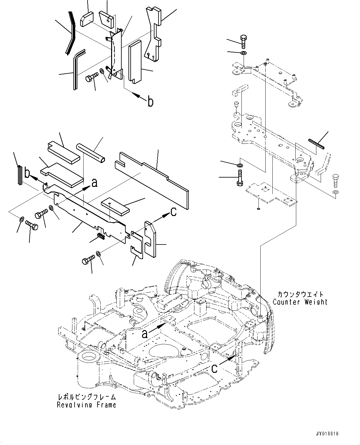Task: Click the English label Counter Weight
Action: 300,302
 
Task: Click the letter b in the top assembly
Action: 150,102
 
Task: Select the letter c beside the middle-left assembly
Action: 173,212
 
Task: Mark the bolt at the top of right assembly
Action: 243,41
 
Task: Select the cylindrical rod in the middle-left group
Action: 91,152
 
